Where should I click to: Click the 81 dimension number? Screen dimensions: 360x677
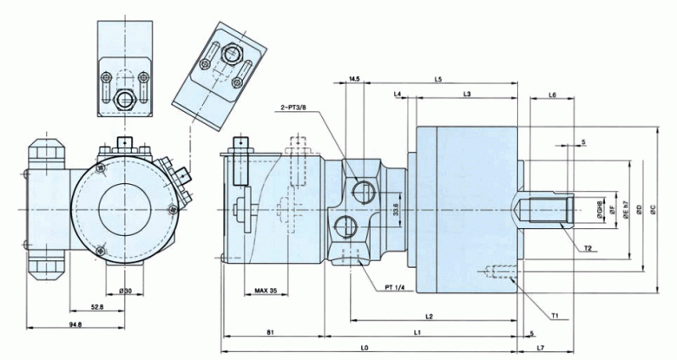pos(271,332)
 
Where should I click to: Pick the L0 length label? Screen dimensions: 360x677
pos(365,348)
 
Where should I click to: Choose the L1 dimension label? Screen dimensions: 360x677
pos(417,332)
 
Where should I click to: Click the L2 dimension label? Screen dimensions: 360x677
pos(429,315)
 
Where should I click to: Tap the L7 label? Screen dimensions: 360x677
pos(541,348)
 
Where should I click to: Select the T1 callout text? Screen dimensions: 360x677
pos(555,316)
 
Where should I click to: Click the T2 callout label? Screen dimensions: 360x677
pos(588,249)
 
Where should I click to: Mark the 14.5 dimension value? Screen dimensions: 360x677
pos(353,79)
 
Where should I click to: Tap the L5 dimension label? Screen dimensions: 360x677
pos(438,79)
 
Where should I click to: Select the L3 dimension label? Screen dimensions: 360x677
pos(467,94)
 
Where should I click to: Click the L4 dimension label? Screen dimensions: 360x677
pos(397,94)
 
